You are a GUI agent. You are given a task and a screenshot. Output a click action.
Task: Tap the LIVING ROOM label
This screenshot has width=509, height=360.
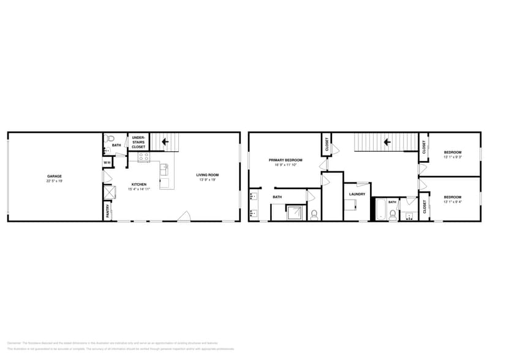pos(208,174)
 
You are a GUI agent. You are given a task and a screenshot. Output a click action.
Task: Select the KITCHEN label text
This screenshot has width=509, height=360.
pos(138,184)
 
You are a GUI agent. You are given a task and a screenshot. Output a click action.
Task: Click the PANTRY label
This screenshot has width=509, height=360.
pos(108,211)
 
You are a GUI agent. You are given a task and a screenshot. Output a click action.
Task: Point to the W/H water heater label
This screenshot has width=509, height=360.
pos(107,162)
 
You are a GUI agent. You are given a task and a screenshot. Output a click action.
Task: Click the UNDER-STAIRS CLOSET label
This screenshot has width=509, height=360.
pos(138,142)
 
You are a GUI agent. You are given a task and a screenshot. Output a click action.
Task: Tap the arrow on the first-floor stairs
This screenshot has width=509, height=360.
pos(164,142)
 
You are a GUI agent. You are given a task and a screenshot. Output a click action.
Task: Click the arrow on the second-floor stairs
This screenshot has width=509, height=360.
pos(387,142)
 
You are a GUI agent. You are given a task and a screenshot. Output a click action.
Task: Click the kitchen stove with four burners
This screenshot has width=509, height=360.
pos(144,157)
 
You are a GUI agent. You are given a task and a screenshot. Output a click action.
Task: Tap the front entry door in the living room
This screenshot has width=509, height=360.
pos(184,217)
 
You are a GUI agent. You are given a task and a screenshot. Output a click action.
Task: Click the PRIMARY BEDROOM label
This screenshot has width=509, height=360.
pos(285,160)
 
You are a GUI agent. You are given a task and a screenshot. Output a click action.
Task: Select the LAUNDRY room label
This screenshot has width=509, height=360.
pos(357,194)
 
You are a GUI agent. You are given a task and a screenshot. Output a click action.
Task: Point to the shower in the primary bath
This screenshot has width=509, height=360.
pos(296,212)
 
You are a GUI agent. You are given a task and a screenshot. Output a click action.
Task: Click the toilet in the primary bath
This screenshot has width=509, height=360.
pos(314,214)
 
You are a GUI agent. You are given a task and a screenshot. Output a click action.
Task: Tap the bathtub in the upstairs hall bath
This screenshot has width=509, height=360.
pos(380,209)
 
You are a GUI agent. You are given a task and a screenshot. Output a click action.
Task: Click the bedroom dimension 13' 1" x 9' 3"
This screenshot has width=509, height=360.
pos(453,157)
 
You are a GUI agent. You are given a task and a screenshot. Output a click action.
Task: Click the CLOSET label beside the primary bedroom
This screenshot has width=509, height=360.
pos(327,144)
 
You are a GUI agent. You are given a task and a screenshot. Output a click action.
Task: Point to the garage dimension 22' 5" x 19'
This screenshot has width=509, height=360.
pos(55,181)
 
